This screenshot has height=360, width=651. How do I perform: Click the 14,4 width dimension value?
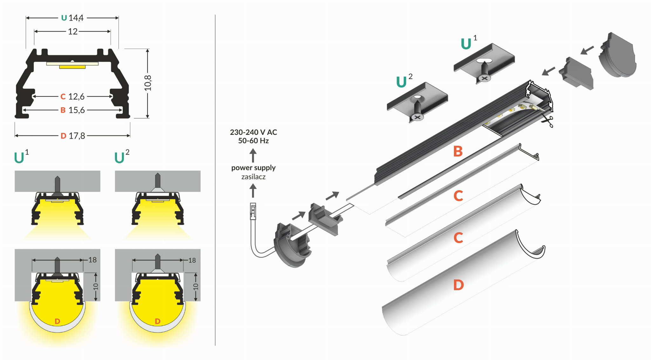[x=76, y=18]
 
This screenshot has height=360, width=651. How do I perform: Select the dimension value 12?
[x=72, y=31]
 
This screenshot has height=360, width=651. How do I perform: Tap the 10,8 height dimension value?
[x=148, y=83]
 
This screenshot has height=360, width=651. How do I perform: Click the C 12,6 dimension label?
[x=73, y=96]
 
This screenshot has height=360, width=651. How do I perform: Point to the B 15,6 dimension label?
[x=73, y=110]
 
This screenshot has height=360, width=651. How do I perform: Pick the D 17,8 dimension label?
[x=73, y=136]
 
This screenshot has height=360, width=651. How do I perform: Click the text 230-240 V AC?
[x=253, y=132]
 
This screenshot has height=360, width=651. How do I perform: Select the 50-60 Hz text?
[x=253, y=141]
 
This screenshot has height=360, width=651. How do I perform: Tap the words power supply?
[x=253, y=168]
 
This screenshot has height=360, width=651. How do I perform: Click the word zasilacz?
[x=253, y=177]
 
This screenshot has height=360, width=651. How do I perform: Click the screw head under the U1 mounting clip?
[x=484, y=78]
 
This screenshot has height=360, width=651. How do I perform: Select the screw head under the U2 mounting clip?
[x=417, y=117]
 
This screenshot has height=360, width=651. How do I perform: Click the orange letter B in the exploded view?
[x=458, y=151]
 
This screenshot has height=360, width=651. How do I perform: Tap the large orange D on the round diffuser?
[x=458, y=285]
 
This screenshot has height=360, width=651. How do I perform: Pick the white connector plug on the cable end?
[x=253, y=211]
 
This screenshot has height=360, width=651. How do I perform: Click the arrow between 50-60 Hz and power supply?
[x=253, y=156]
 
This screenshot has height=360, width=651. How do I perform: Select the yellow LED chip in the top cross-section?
[x=72, y=67]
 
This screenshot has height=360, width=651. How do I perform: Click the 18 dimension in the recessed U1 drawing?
[x=93, y=260]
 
